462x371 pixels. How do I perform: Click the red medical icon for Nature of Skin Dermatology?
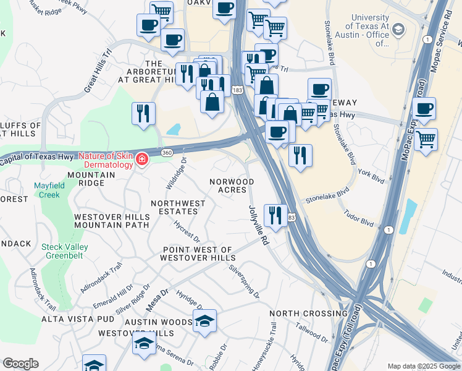click(x=142, y=160)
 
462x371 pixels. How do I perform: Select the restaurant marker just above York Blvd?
click(x=300, y=155)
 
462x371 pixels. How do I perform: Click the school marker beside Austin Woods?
click(x=204, y=320)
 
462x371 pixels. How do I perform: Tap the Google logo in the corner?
click(x=20, y=364)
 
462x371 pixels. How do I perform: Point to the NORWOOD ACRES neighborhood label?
click(x=232, y=185)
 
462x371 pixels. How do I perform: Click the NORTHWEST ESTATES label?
click(x=178, y=207)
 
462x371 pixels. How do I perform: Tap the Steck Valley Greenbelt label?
click(x=65, y=252)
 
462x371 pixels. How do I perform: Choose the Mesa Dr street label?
click(x=157, y=300)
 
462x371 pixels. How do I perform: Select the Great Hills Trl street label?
click(x=97, y=70)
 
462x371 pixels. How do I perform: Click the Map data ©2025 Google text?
click(x=424, y=366)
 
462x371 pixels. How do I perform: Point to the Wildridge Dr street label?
click(x=175, y=174)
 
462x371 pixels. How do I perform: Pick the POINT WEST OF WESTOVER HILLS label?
click(x=197, y=254)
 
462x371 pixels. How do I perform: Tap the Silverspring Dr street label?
click(x=244, y=281)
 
